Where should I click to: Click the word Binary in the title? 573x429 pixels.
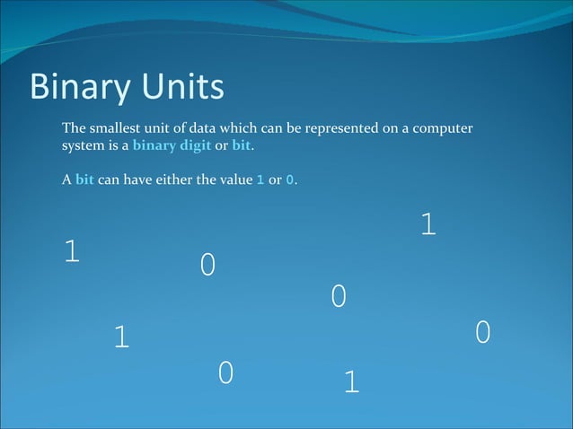click(x=79, y=88)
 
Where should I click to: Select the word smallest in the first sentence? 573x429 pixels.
click(x=113, y=129)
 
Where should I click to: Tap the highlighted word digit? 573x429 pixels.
click(x=195, y=146)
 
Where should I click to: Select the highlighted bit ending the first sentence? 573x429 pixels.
click(x=242, y=146)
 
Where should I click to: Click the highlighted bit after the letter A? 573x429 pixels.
click(x=84, y=179)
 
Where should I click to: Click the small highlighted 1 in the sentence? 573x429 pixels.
click(x=260, y=179)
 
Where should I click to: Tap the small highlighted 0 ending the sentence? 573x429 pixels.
click(x=289, y=179)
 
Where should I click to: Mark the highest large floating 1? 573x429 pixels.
click(x=428, y=225)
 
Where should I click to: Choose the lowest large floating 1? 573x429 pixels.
click(x=351, y=383)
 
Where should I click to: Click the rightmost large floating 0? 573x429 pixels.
click(x=482, y=333)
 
